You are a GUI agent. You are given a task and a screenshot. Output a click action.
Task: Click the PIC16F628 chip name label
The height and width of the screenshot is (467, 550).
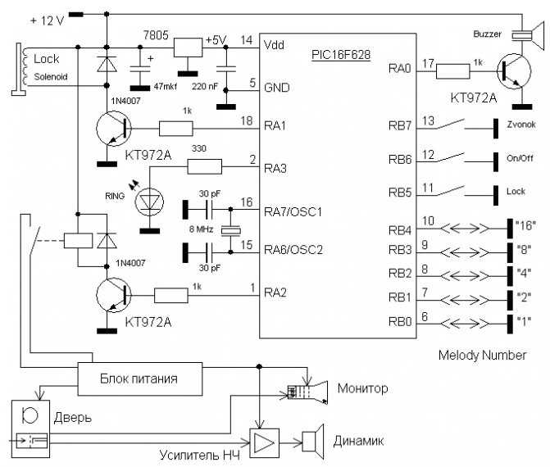341,55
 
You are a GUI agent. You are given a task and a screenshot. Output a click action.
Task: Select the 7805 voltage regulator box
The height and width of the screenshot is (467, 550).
189,48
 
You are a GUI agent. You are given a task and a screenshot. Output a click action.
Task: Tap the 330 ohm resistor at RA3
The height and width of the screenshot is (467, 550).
205,166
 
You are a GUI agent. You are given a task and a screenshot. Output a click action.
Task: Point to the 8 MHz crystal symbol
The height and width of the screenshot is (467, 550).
230,230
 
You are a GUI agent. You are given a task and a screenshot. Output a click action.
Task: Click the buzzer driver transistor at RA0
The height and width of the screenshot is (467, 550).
514,71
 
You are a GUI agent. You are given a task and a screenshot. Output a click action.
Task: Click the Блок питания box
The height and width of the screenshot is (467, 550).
140,379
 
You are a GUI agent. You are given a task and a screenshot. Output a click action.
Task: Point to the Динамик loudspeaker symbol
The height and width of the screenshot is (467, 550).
313,441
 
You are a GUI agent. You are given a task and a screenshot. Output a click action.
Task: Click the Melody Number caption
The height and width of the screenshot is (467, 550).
482,355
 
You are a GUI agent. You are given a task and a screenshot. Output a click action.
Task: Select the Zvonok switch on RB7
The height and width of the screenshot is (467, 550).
451,125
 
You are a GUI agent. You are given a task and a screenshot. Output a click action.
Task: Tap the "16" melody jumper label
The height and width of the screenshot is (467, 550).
525,225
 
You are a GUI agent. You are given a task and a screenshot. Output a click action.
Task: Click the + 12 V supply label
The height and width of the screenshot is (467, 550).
48,20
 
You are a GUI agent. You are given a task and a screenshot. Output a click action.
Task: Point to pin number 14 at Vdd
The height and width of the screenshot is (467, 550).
246,40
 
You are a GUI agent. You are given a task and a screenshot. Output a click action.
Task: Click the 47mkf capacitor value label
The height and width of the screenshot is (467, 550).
166,86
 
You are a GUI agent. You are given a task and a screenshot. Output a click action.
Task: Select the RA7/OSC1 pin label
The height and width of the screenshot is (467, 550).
293,211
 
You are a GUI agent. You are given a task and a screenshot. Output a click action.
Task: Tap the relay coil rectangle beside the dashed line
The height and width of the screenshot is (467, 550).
78,241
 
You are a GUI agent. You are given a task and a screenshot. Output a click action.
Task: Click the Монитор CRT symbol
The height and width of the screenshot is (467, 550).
307,392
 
